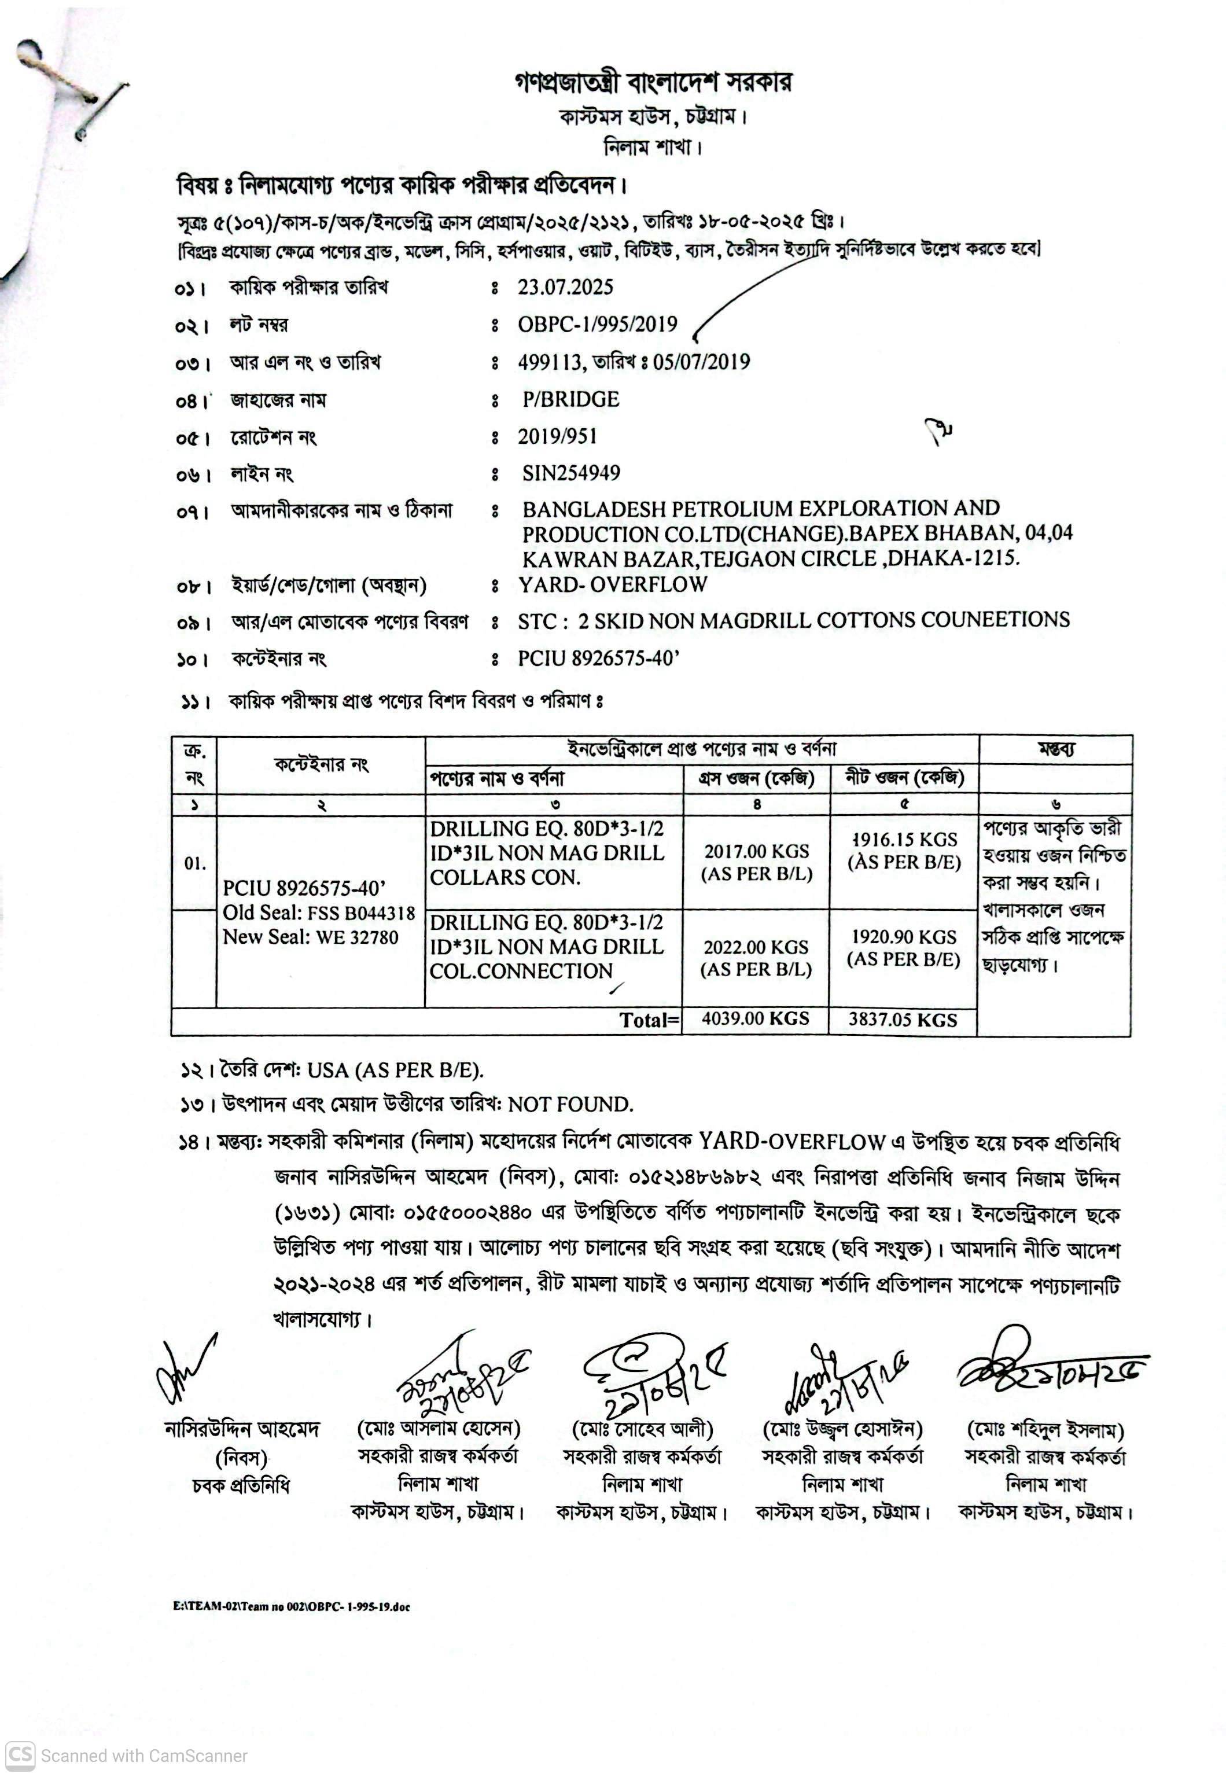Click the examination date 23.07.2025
click(x=565, y=288)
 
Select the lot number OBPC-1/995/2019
click(x=597, y=324)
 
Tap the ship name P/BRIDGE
click(x=570, y=399)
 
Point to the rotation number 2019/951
click(x=557, y=436)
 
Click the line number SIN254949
click(x=570, y=473)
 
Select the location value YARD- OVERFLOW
click(x=612, y=584)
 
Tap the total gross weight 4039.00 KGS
click(x=755, y=1019)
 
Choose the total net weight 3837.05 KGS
click(x=903, y=1020)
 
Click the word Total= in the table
click(x=649, y=1020)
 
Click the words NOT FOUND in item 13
click(x=570, y=1105)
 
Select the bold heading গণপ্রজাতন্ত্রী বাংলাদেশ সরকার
click(x=653, y=82)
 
